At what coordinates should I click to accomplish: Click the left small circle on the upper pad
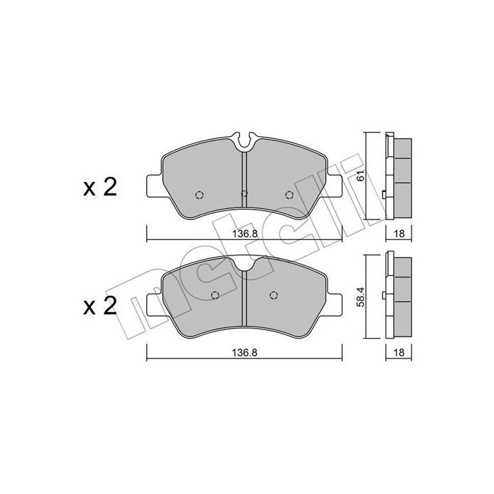(199, 195)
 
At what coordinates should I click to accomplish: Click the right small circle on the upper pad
(288, 195)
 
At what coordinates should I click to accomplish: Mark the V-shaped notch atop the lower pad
(243, 264)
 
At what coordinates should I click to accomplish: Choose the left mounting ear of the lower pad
(153, 304)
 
